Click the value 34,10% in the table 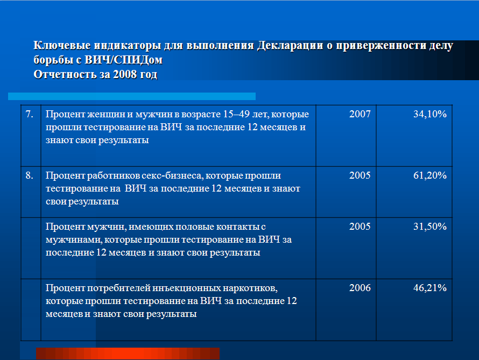[430, 114]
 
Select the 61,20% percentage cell [430, 175]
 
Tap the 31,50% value [430, 227]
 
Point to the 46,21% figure [430, 288]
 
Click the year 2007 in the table [360, 114]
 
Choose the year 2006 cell [360, 288]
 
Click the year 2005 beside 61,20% [360, 175]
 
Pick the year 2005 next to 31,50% [360, 227]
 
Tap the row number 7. [29, 114]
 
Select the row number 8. [29, 175]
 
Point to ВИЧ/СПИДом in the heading [123, 60]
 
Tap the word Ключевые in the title [62, 45]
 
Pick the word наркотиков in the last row [250, 288]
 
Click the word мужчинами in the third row [74, 240]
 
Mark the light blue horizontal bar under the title [132, 96]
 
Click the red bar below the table [128, 354]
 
